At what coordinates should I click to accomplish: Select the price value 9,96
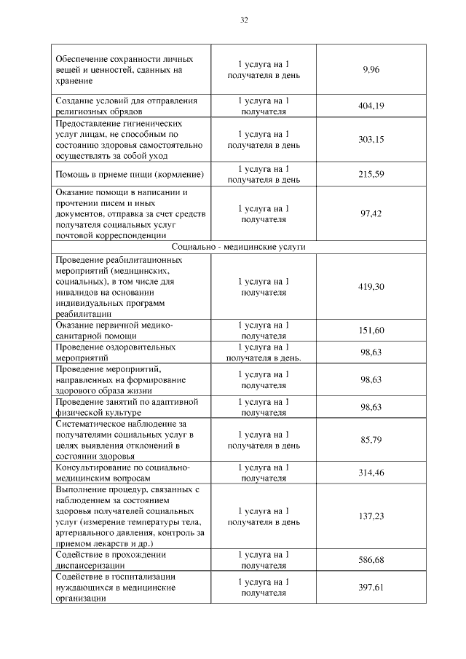[x=371, y=70]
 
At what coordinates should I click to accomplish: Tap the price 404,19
[x=371, y=106]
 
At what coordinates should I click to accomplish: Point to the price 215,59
[x=371, y=174]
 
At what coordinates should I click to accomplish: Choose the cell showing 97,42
[x=371, y=213]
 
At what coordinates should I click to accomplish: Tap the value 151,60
[x=371, y=330]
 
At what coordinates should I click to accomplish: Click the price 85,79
[x=371, y=439]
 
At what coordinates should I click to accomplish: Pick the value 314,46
[x=371, y=473]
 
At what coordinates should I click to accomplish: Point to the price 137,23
[x=371, y=516]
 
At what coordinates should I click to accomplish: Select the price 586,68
[x=371, y=559]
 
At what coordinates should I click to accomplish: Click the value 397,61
[x=371, y=587]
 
